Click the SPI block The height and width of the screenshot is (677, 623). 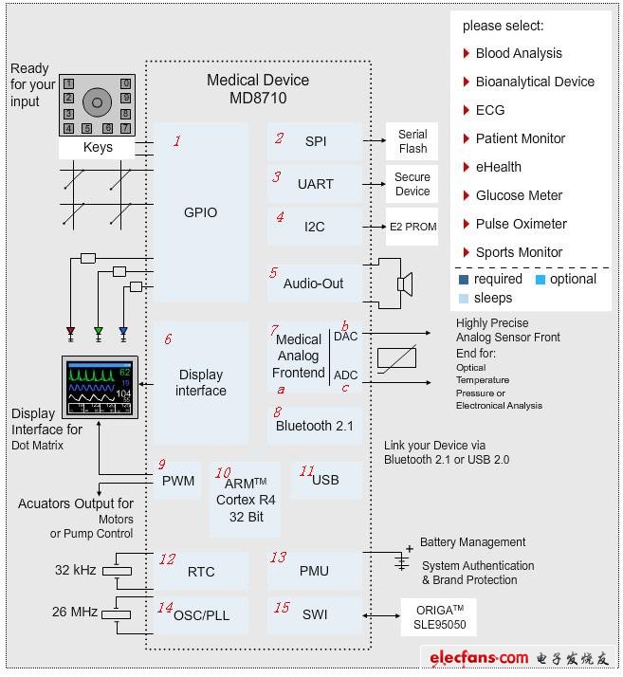[314, 141]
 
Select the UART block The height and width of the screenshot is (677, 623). [314, 184]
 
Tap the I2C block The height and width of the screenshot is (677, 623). [314, 228]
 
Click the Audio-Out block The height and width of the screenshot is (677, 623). [314, 283]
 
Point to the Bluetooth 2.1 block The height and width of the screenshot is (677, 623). [314, 426]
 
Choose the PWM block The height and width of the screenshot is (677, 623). [177, 481]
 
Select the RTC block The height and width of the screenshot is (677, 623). [200, 572]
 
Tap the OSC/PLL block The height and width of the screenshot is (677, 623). [200, 614]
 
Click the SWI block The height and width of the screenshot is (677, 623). [314, 614]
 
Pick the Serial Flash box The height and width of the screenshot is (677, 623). [412, 141]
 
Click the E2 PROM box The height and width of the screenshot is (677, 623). [412, 228]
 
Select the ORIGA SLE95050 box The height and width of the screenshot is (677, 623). [439, 616]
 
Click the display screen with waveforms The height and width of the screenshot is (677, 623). [100, 387]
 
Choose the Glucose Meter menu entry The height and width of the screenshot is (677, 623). [519, 195]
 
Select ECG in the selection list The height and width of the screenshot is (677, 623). [490, 110]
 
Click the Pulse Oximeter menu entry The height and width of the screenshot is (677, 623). [521, 224]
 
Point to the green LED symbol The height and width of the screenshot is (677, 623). [98, 332]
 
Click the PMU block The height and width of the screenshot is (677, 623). [314, 572]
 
